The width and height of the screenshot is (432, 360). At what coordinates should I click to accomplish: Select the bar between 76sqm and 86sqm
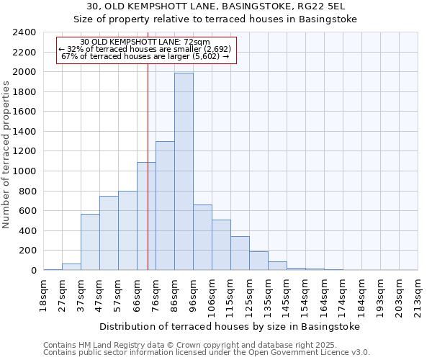click(165, 205)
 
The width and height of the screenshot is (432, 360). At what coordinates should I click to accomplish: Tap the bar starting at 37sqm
click(90, 242)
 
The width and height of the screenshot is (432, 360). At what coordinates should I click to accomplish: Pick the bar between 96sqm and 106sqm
click(202, 237)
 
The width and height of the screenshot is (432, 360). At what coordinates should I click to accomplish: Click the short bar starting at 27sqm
click(71, 266)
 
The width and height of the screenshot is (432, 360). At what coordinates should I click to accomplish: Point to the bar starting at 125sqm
click(258, 261)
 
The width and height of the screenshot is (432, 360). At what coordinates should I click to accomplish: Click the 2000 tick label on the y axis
click(24, 72)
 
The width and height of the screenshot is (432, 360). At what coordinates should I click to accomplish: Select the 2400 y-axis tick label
click(24, 32)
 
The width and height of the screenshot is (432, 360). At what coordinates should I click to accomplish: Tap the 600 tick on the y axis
click(27, 211)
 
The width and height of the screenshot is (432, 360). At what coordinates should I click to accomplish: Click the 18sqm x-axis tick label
click(43, 294)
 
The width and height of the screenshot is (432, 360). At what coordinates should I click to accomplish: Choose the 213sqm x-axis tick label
click(418, 295)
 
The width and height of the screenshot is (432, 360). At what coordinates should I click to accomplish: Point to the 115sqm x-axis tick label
click(230, 295)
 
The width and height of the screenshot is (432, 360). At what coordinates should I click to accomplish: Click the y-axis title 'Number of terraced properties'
click(7, 155)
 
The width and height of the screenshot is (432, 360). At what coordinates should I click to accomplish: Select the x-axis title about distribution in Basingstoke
click(229, 326)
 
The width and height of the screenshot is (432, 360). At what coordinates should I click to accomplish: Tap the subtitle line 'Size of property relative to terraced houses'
click(216, 19)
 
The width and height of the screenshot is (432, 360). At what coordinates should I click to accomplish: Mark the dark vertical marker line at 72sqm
click(148, 180)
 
